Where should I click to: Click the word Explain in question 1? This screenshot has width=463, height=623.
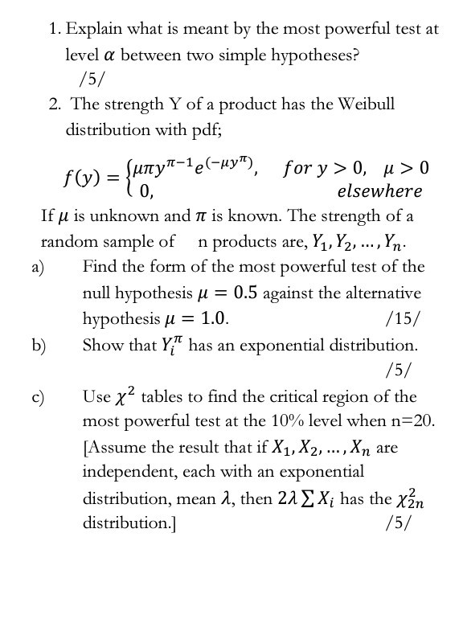[92, 30]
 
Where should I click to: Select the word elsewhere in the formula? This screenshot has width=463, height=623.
[379, 191]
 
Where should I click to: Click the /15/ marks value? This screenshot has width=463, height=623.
[402, 318]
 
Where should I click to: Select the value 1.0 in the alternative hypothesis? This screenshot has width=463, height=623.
[211, 318]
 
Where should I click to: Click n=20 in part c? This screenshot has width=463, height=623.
[410, 421]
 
